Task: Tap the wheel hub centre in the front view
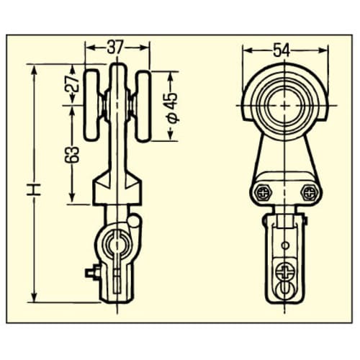coord(286,107)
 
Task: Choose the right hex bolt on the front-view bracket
coord(310,192)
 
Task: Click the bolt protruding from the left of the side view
coord(91,272)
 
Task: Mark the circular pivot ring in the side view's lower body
coord(115,245)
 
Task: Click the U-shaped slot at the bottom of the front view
coord(286,292)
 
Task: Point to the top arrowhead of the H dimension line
coord(33,67)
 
